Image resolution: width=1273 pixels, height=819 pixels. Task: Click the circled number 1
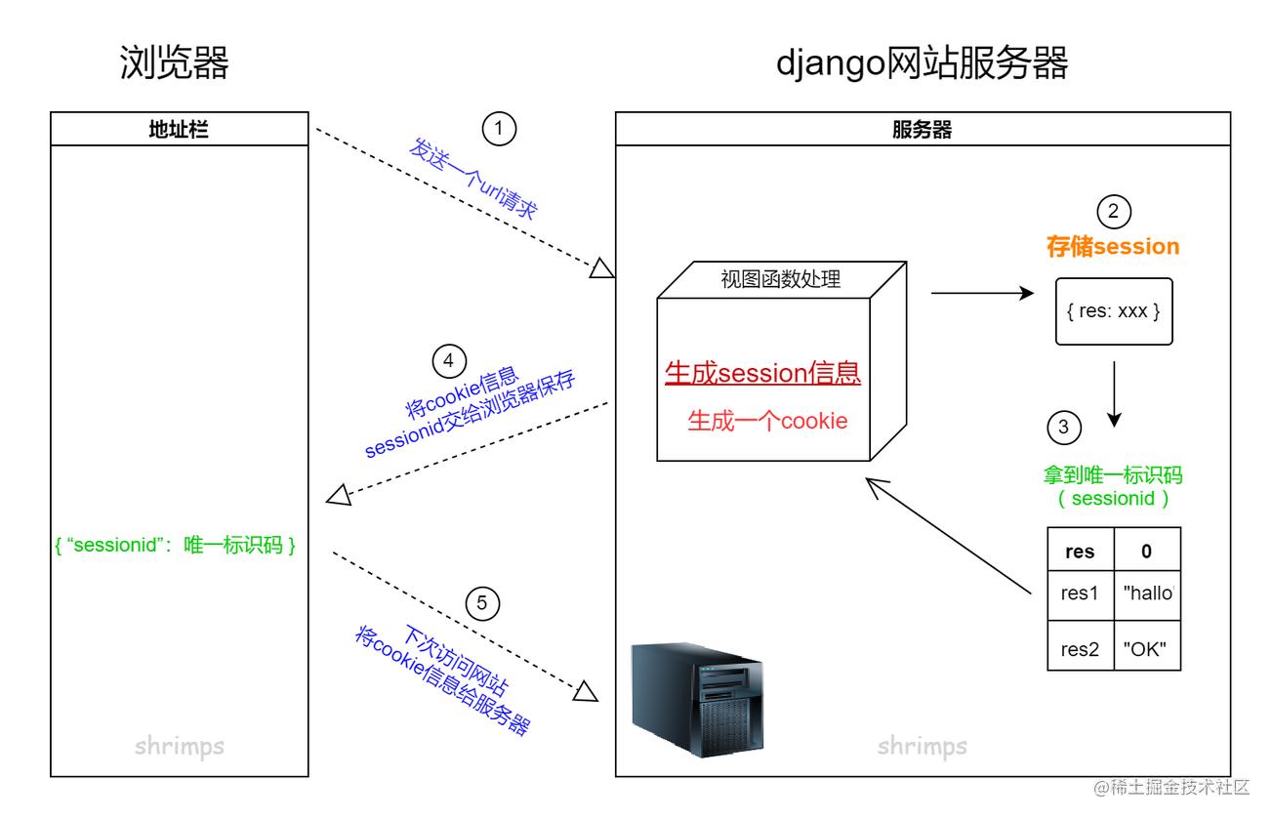(499, 129)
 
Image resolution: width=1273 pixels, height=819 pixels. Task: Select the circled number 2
(1114, 212)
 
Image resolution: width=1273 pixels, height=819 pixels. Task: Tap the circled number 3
(1064, 428)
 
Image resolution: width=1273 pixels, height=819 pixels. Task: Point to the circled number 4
(449, 361)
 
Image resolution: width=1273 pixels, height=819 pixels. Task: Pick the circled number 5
(482, 603)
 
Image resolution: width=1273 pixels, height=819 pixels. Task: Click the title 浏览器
(174, 62)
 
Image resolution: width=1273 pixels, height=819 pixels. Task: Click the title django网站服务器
(922, 62)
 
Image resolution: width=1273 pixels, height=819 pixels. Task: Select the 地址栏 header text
(179, 130)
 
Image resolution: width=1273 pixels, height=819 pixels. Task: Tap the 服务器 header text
(922, 130)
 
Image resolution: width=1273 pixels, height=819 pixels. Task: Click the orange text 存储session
(1113, 247)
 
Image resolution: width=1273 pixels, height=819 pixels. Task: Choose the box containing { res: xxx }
(1114, 311)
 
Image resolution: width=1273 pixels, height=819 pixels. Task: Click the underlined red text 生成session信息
(762, 373)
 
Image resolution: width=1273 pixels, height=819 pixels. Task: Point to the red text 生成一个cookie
(767, 421)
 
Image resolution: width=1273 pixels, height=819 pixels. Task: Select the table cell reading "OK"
(1147, 648)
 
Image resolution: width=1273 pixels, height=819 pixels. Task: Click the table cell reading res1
(1081, 594)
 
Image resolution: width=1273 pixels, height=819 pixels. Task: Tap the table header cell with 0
(1147, 551)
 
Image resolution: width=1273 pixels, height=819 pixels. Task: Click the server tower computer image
(697, 700)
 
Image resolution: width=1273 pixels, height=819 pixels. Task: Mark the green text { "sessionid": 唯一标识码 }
(175, 545)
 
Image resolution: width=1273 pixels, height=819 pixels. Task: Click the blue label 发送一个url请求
(472, 179)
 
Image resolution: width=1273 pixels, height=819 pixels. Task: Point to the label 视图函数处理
(780, 279)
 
